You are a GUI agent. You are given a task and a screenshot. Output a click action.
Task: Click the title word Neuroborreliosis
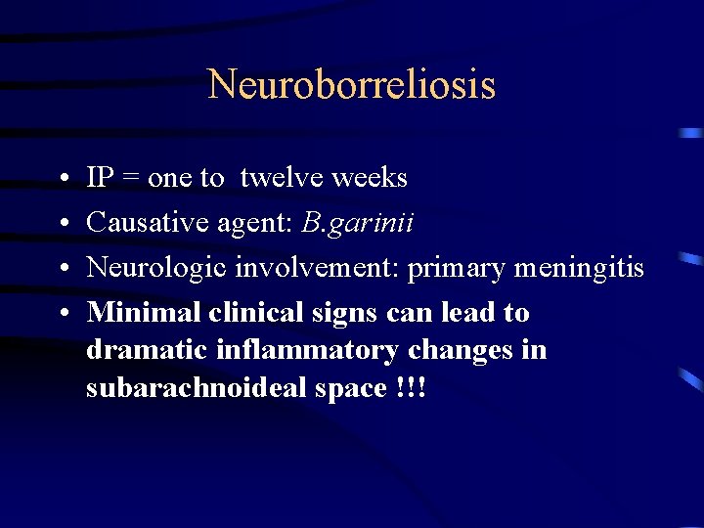352,85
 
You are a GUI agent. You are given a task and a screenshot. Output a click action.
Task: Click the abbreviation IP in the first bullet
100,178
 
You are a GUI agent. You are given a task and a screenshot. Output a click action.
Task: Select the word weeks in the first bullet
370,178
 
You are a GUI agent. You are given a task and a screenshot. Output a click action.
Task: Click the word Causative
134,223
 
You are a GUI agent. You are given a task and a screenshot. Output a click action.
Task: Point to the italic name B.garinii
357,224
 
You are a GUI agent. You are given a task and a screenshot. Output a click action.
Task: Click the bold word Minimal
137,313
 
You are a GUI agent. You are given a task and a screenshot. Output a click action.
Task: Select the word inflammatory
287,351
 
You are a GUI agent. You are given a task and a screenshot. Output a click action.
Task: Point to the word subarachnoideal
184,388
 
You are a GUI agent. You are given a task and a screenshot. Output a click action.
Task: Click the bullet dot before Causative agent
62,224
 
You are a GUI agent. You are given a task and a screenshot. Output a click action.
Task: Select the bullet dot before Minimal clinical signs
62,314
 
